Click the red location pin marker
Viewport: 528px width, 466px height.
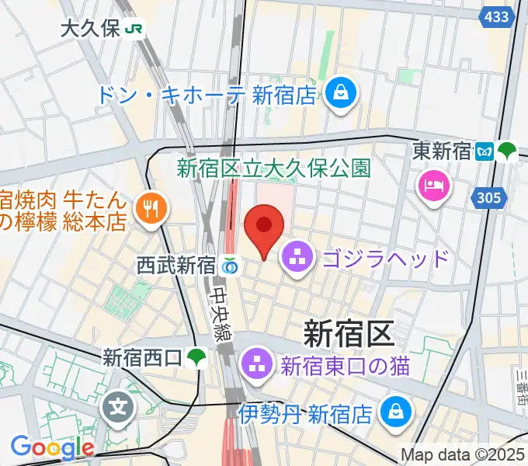(x=264, y=227)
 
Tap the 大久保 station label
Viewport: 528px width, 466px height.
(x=90, y=30)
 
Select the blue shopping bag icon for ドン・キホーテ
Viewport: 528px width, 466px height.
(x=341, y=95)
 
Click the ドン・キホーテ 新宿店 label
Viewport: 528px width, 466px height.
(x=208, y=96)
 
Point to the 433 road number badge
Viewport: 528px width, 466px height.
(x=496, y=16)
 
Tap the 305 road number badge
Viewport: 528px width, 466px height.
(x=490, y=199)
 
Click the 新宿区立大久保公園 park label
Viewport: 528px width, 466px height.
(x=273, y=167)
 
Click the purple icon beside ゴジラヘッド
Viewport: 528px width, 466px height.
(x=296, y=258)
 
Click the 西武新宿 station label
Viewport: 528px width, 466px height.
(x=178, y=266)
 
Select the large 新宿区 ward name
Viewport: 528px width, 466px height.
(x=349, y=334)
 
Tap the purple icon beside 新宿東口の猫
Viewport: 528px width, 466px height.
(x=255, y=363)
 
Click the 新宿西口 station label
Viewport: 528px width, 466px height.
(x=143, y=358)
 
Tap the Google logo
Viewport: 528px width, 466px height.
(x=52, y=447)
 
